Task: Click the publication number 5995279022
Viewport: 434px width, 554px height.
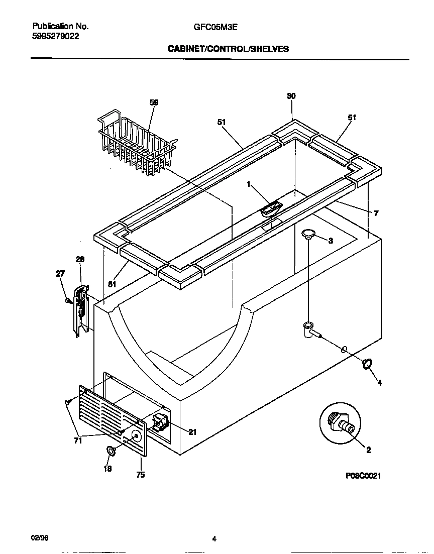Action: pos(55,36)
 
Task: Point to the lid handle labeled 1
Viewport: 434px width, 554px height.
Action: pos(271,207)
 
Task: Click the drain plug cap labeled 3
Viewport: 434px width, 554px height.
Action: pos(308,233)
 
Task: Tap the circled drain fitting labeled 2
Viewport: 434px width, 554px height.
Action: pos(341,423)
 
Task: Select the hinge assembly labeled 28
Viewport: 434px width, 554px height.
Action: pos(80,309)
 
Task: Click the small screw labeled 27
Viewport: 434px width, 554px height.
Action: pos(67,300)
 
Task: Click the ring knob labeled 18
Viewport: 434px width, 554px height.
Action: pos(111,452)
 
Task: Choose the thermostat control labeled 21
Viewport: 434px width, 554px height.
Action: pos(161,423)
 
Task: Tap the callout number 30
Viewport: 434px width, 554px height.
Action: pos(291,96)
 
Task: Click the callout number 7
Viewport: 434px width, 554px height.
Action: pos(376,213)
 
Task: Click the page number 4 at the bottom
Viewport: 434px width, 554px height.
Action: pos(214,539)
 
